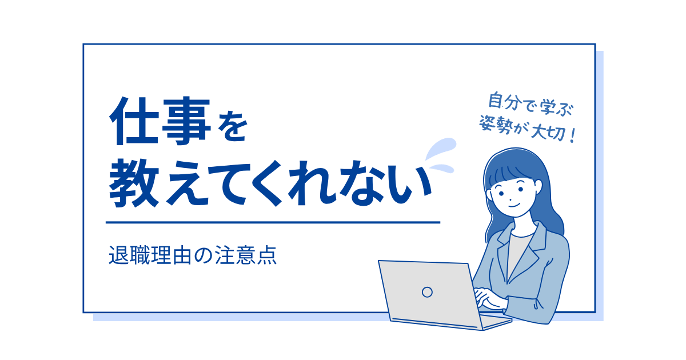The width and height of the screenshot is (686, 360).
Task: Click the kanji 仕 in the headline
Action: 134,121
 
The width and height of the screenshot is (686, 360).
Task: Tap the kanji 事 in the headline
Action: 186,121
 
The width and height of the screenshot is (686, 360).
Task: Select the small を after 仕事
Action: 233,127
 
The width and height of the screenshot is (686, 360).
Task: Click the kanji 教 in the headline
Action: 134,183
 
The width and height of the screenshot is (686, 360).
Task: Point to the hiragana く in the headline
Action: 266,183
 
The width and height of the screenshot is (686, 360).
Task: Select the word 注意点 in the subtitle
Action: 246,255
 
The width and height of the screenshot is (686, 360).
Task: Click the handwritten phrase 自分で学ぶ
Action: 531,105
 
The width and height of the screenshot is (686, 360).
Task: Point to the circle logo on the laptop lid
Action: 427,292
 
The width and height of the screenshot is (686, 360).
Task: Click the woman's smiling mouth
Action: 514,205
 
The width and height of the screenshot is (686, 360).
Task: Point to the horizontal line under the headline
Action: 273,222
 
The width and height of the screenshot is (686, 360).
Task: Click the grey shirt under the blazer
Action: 518,254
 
